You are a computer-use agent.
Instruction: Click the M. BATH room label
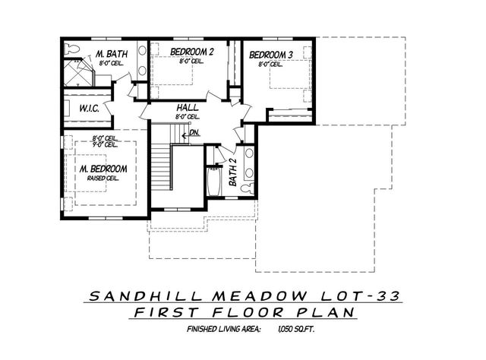110,55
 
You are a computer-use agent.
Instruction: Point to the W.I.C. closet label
90,109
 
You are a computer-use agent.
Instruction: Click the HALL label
188,108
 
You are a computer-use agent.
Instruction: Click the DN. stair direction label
194,133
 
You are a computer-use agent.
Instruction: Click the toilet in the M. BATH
72,48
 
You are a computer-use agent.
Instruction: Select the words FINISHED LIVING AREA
224,330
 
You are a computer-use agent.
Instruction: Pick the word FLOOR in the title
245,313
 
